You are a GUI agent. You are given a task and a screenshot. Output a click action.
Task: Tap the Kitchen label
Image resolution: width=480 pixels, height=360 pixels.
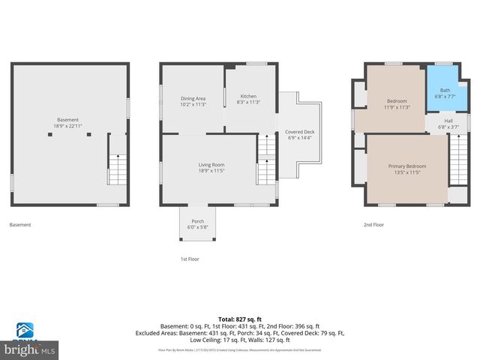click(248, 97)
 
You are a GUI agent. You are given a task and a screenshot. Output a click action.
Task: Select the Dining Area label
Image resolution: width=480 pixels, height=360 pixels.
click(193, 98)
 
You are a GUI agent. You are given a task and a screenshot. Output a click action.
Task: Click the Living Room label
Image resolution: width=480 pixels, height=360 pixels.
click(211, 165)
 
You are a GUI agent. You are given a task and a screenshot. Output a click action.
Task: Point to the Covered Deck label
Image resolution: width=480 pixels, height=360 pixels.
click(299, 132)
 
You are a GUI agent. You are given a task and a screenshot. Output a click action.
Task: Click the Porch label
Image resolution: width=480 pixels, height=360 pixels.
click(198, 221)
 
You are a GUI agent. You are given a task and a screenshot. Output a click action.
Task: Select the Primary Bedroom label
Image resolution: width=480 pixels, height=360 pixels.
click(406, 166)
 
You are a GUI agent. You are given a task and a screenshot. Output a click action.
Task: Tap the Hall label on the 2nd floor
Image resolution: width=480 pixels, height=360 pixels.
click(448, 121)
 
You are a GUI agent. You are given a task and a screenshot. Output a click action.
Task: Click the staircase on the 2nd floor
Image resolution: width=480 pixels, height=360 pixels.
click(457, 158)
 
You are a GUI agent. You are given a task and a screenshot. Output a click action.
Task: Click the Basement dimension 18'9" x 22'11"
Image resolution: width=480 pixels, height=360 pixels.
click(67, 126)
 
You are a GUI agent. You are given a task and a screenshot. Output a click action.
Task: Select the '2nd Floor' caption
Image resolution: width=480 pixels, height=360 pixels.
click(373, 224)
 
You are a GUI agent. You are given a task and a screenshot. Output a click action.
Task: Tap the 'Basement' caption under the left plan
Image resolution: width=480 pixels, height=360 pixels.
click(19, 224)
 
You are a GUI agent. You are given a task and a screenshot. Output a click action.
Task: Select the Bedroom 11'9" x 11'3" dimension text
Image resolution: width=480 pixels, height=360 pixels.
click(397, 107)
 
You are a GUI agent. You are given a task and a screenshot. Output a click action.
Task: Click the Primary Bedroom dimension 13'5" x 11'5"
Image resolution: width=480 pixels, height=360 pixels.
click(406, 172)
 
